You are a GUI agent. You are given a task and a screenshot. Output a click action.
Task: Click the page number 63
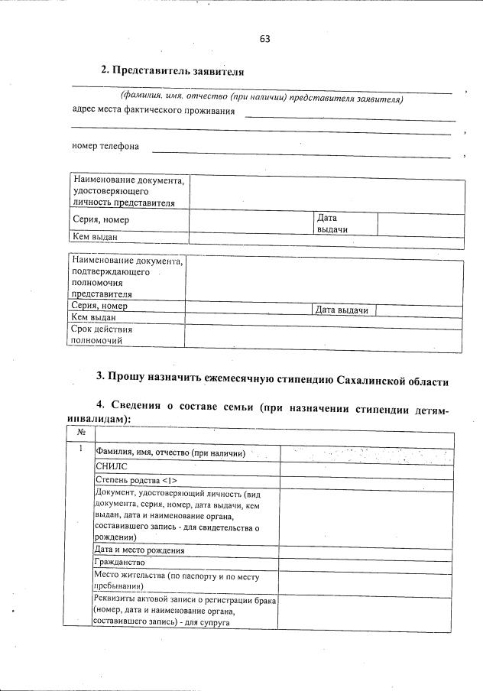pos(264,38)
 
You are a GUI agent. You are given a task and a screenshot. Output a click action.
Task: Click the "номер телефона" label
pos(105,146)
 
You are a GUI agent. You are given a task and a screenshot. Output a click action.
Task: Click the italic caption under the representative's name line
pos(261,99)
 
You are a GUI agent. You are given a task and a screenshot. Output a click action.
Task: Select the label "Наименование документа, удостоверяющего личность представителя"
pos(128,192)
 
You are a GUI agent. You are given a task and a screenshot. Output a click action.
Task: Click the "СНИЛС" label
pos(111,466)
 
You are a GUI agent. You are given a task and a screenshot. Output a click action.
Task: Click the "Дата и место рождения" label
pos(139,550)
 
